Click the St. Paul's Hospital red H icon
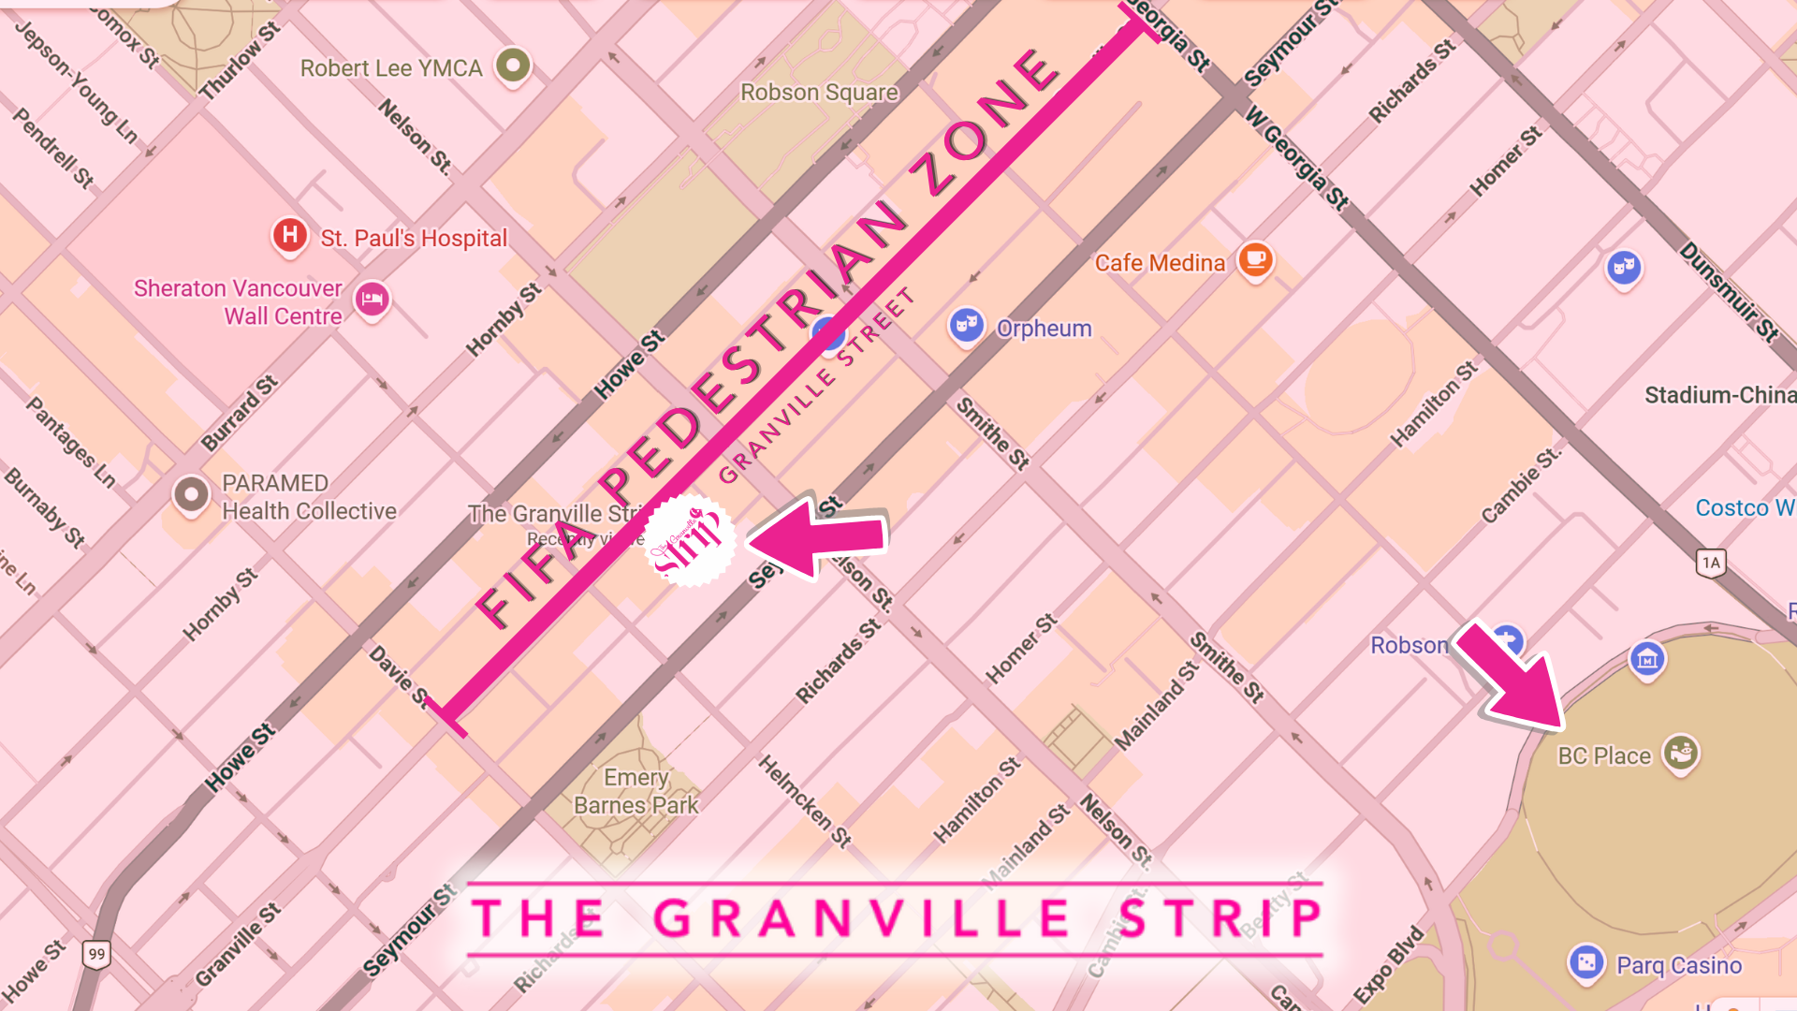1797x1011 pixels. tap(290, 234)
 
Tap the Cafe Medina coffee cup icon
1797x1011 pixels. tap(1255, 259)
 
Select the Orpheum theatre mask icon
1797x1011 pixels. tap(966, 326)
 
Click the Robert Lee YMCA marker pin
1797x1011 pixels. tap(513, 66)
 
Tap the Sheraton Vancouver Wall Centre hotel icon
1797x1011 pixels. tap(373, 300)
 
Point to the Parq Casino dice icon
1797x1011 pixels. tap(1586, 961)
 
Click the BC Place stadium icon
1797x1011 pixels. tap(1681, 752)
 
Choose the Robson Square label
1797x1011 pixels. tap(819, 93)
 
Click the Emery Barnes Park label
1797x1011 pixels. tap(636, 791)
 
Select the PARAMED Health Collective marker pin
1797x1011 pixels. tap(192, 493)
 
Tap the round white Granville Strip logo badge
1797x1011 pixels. tap(690, 540)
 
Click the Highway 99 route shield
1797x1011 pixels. tap(96, 954)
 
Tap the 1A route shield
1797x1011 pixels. tap(1711, 563)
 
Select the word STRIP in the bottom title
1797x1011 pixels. tap(1220, 918)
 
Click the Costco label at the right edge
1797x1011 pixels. tap(1743, 507)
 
